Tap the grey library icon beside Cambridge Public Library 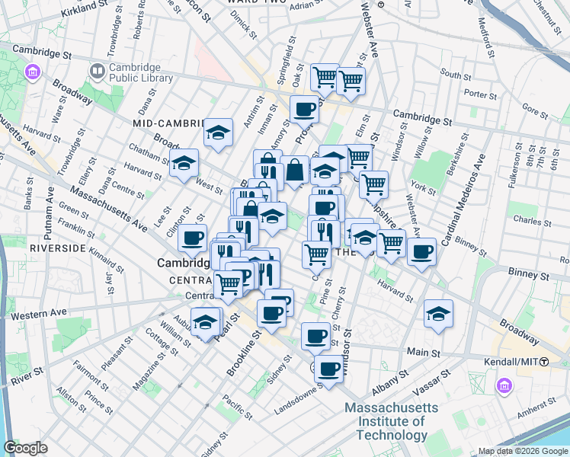point(98,72)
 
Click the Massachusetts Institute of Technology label point(391,421)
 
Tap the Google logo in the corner point(25,448)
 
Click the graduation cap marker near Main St point(438,314)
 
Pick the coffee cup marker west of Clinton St point(193,238)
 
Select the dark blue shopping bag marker point(295,172)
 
